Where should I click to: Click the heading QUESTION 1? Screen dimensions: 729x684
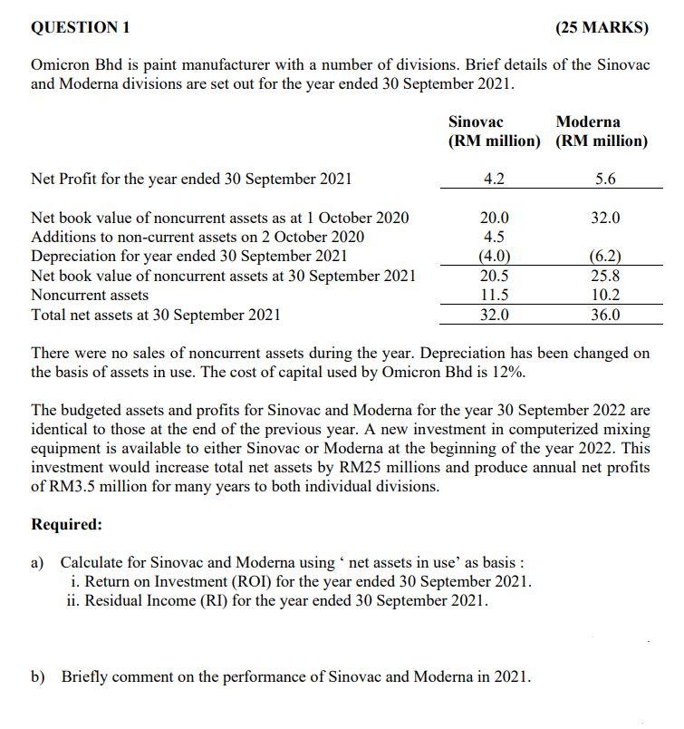[81, 27]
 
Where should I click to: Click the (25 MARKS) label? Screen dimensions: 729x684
[602, 27]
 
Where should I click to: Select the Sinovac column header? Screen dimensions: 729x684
[476, 121]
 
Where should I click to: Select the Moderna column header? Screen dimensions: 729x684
[588, 121]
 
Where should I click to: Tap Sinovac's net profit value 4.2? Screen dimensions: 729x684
[494, 179]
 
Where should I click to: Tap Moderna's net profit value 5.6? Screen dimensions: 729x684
[605, 179]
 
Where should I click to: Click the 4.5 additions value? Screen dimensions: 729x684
[494, 237]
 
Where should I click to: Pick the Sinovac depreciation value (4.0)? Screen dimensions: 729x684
[494, 256]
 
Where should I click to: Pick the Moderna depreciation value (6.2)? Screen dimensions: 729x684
[605, 256]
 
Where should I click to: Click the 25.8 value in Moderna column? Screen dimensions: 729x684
[605, 276]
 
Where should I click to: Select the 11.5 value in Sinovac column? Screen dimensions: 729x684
[494, 295]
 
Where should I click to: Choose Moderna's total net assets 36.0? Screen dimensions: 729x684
[605, 315]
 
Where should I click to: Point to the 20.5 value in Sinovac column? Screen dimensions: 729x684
[494, 276]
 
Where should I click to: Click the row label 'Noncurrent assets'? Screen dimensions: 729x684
[90, 295]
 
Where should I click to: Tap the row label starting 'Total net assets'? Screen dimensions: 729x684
[155, 315]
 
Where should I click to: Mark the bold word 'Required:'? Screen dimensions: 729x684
[66, 524]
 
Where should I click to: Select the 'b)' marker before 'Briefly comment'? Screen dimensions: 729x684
[38, 676]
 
